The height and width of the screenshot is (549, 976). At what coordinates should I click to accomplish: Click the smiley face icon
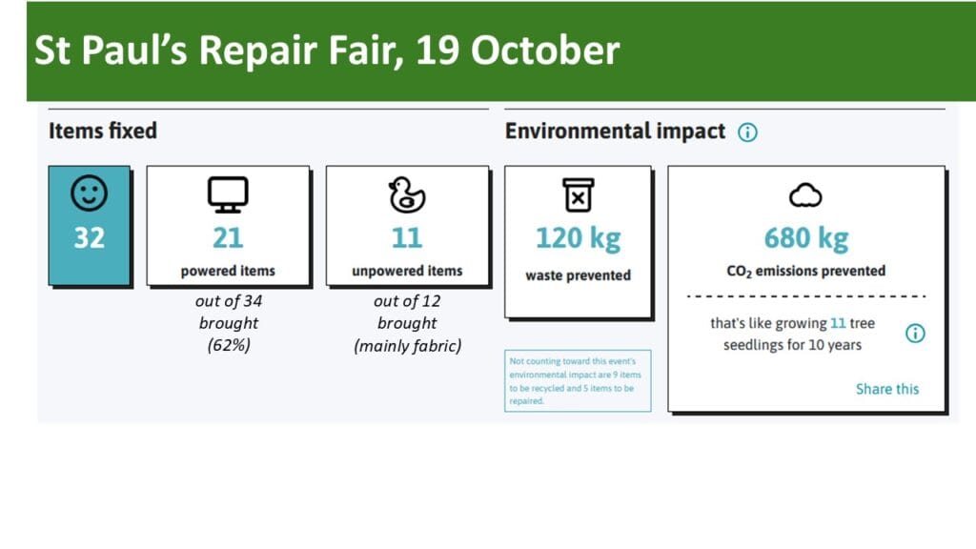(89, 193)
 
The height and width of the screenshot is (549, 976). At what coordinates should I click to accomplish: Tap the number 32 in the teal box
(89, 237)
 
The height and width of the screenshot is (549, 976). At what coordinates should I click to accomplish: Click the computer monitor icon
(228, 194)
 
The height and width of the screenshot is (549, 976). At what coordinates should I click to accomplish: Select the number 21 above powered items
(228, 237)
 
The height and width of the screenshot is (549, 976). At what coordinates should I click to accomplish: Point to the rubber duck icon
(407, 194)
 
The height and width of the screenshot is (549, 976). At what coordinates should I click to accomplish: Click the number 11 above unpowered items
(407, 237)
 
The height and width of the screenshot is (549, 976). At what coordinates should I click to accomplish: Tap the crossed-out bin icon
(579, 194)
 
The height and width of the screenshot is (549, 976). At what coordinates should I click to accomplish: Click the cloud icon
(806, 195)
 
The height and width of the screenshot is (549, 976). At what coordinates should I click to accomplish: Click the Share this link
(887, 389)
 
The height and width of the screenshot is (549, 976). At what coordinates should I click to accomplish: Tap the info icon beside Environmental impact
(747, 132)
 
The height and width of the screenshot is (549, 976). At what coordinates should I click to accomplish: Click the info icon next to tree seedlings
(915, 333)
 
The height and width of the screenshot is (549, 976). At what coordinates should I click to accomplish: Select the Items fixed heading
(103, 131)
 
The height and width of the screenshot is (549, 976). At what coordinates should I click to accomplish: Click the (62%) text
(229, 345)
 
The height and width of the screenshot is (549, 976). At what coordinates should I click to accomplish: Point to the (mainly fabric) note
(408, 345)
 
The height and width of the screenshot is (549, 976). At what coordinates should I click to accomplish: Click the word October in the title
(545, 50)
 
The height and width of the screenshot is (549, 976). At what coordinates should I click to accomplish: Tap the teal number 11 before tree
(838, 324)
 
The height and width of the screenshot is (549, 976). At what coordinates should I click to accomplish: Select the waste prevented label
(579, 275)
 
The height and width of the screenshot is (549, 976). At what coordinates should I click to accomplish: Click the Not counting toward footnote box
(578, 381)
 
